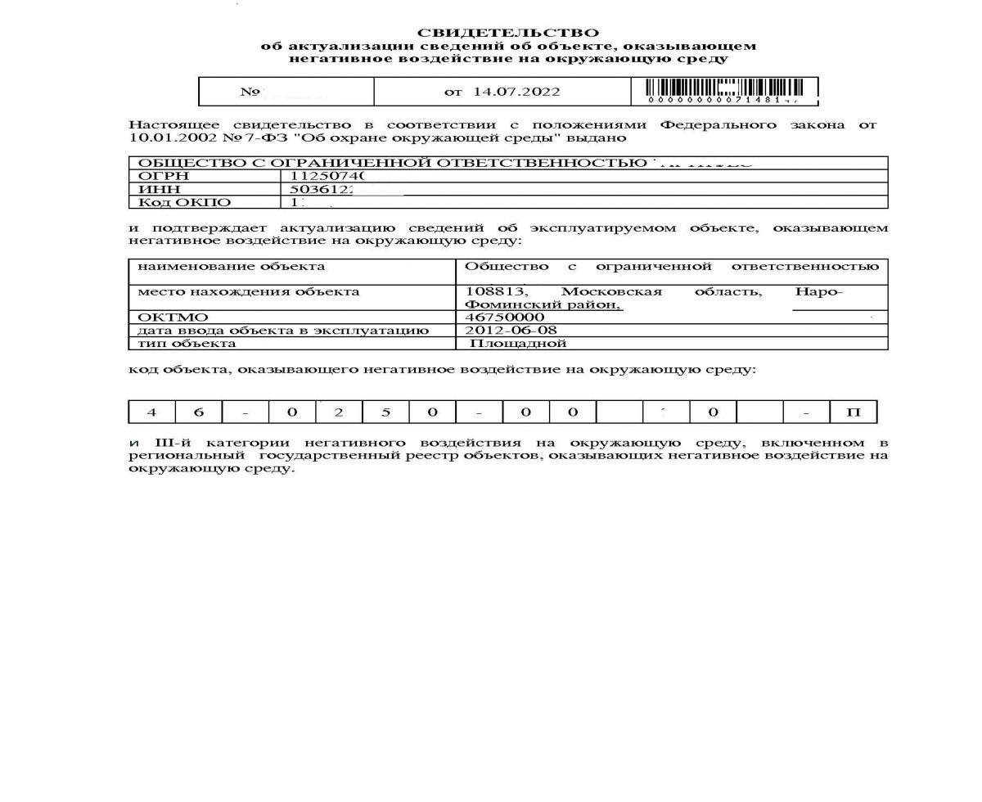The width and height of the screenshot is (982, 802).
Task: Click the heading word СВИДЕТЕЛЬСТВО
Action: tap(508, 33)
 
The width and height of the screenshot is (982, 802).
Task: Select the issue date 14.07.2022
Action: tap(517, 92)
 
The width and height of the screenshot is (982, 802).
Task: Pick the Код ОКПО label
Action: tap(184, 203)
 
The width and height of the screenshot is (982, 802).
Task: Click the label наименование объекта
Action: tap(231, 266)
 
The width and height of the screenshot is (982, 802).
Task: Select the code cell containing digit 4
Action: tap(151, 412)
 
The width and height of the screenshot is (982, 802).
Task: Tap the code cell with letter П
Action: tap(853, 412)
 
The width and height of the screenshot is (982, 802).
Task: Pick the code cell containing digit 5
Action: tap(385, 412)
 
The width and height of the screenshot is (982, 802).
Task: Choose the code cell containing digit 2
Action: tap(339, 412)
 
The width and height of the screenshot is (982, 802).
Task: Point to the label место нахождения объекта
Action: tap(248, 292)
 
